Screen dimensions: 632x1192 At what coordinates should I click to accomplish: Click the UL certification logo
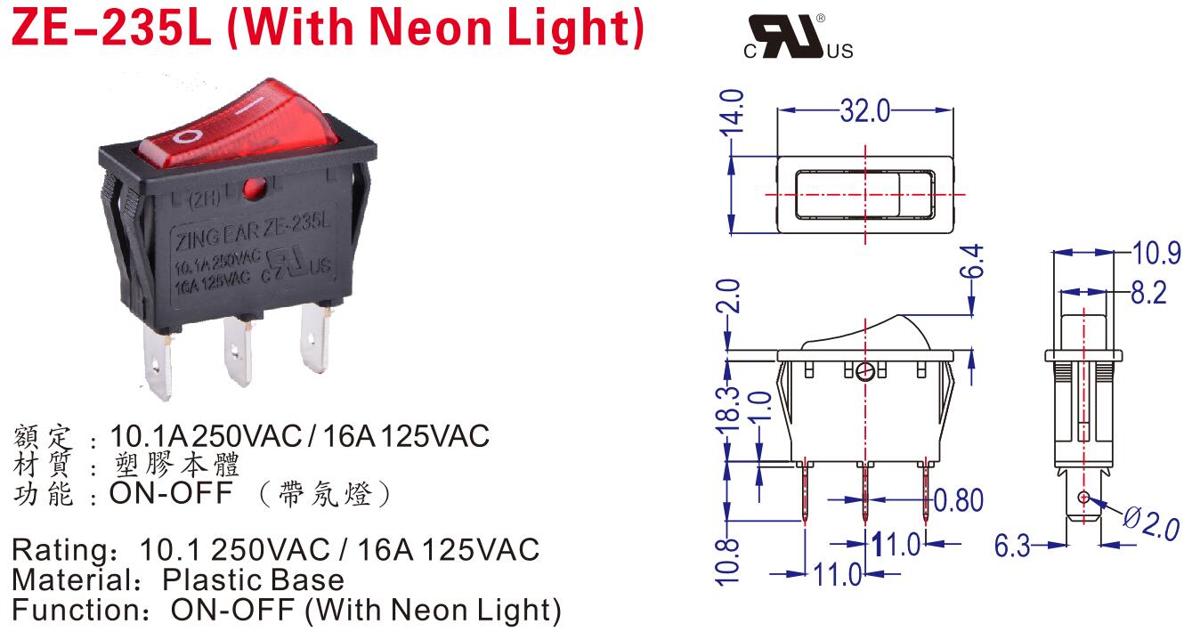click(x=798, y=38)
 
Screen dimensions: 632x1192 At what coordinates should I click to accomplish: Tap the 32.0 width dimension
click(x=864, y=110)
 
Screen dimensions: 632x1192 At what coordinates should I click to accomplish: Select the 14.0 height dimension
click(x=733, y=111)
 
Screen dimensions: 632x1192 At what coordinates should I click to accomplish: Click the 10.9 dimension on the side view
click(x=1156, y=253)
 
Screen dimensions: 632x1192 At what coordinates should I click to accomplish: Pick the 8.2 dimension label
click(x=1147, y=292)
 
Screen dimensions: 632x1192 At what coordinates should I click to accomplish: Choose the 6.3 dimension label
click(x=1012, y=545)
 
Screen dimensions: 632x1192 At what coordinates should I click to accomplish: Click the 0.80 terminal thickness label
click(x=957, y=500)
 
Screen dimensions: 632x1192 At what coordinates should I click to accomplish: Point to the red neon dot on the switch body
click(x=254, y=187)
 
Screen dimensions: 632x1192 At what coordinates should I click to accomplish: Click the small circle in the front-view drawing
click(x=864, y=372)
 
